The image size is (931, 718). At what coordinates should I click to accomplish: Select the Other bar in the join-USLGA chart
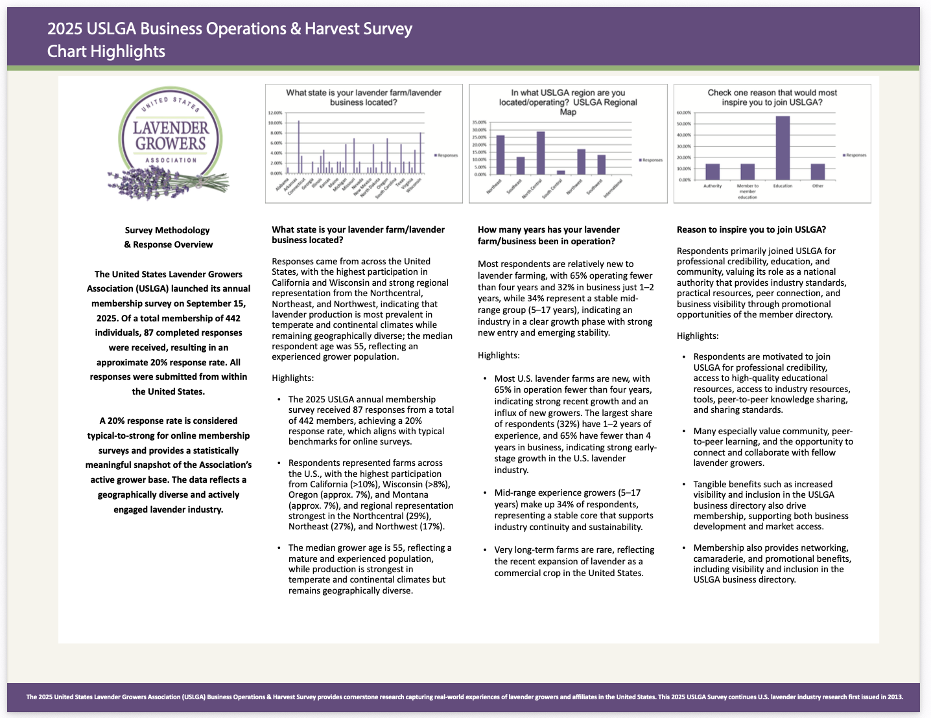(818, 172)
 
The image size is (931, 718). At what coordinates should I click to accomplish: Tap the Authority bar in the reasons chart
(713, 172)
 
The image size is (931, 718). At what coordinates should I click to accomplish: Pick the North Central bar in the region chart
(541, 153)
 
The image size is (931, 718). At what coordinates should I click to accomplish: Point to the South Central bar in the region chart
(561, 172)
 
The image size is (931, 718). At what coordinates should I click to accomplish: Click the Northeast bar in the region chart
(500, 155)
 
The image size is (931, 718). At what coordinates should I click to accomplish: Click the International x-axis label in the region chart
(614, 189)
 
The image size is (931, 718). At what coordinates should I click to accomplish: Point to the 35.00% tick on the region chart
(479, 122)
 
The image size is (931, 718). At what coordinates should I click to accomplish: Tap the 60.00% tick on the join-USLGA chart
(684, 112)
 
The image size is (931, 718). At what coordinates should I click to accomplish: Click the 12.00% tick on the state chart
(275, 113)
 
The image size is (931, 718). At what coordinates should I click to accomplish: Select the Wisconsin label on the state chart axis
(415, 183)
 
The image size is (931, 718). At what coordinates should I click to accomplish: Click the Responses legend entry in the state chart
(446, 156)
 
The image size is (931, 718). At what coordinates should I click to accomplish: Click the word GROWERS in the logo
(171, 143)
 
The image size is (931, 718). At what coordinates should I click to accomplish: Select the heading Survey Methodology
(167, 230)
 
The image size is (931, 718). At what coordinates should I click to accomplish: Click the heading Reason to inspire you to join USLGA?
(751, 229)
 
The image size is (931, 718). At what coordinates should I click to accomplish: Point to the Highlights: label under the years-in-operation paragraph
(499, 355)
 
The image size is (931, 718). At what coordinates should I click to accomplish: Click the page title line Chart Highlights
(106, 51)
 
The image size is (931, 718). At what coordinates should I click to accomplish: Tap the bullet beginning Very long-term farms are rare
(574, 561)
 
